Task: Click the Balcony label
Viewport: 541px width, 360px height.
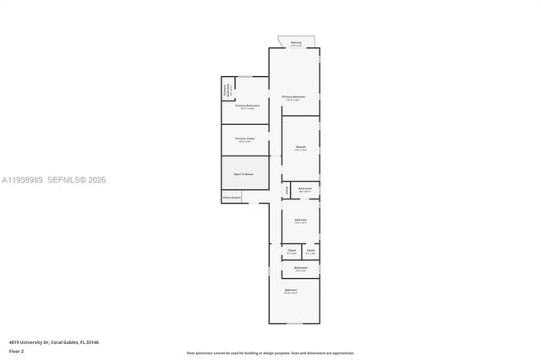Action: (x=296, y=43)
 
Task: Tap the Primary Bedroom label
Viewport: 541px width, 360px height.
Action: (x=293, y=98)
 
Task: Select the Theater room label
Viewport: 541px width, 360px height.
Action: (x=300, y=149)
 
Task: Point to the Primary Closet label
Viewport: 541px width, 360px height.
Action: (x=245, y=139)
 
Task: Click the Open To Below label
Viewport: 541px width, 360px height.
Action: (x=244, y=173)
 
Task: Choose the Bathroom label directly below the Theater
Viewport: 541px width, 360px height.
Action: (x=305, y=189)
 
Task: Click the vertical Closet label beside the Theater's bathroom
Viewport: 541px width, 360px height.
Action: (x=287, y=190)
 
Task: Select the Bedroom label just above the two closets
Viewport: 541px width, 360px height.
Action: (x=300, y=221)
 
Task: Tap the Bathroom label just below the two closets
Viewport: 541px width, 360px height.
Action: (x=300, y=269)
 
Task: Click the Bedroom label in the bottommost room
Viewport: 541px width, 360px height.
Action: (x=291, y=292)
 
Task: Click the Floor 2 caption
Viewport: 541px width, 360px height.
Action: (x=17, y=351)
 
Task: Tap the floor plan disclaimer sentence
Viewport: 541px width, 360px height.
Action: (x=270, y=353)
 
